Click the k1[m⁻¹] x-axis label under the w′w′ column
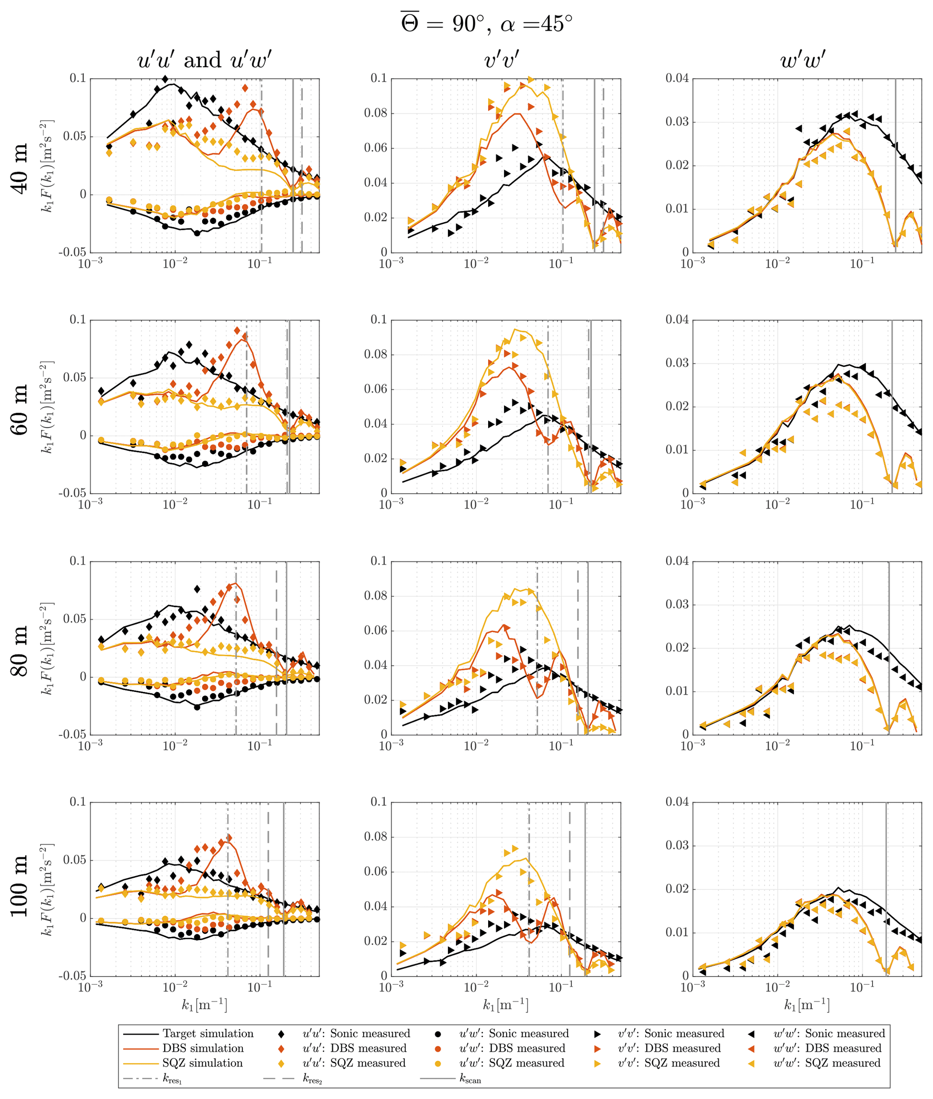pyautogui.click(x=806, y=1004)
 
